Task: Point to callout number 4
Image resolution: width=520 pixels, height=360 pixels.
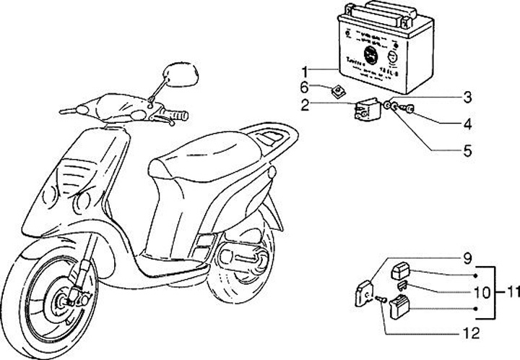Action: (x=467, y=124)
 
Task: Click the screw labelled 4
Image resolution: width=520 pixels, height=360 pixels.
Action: (x=409, y=108)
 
